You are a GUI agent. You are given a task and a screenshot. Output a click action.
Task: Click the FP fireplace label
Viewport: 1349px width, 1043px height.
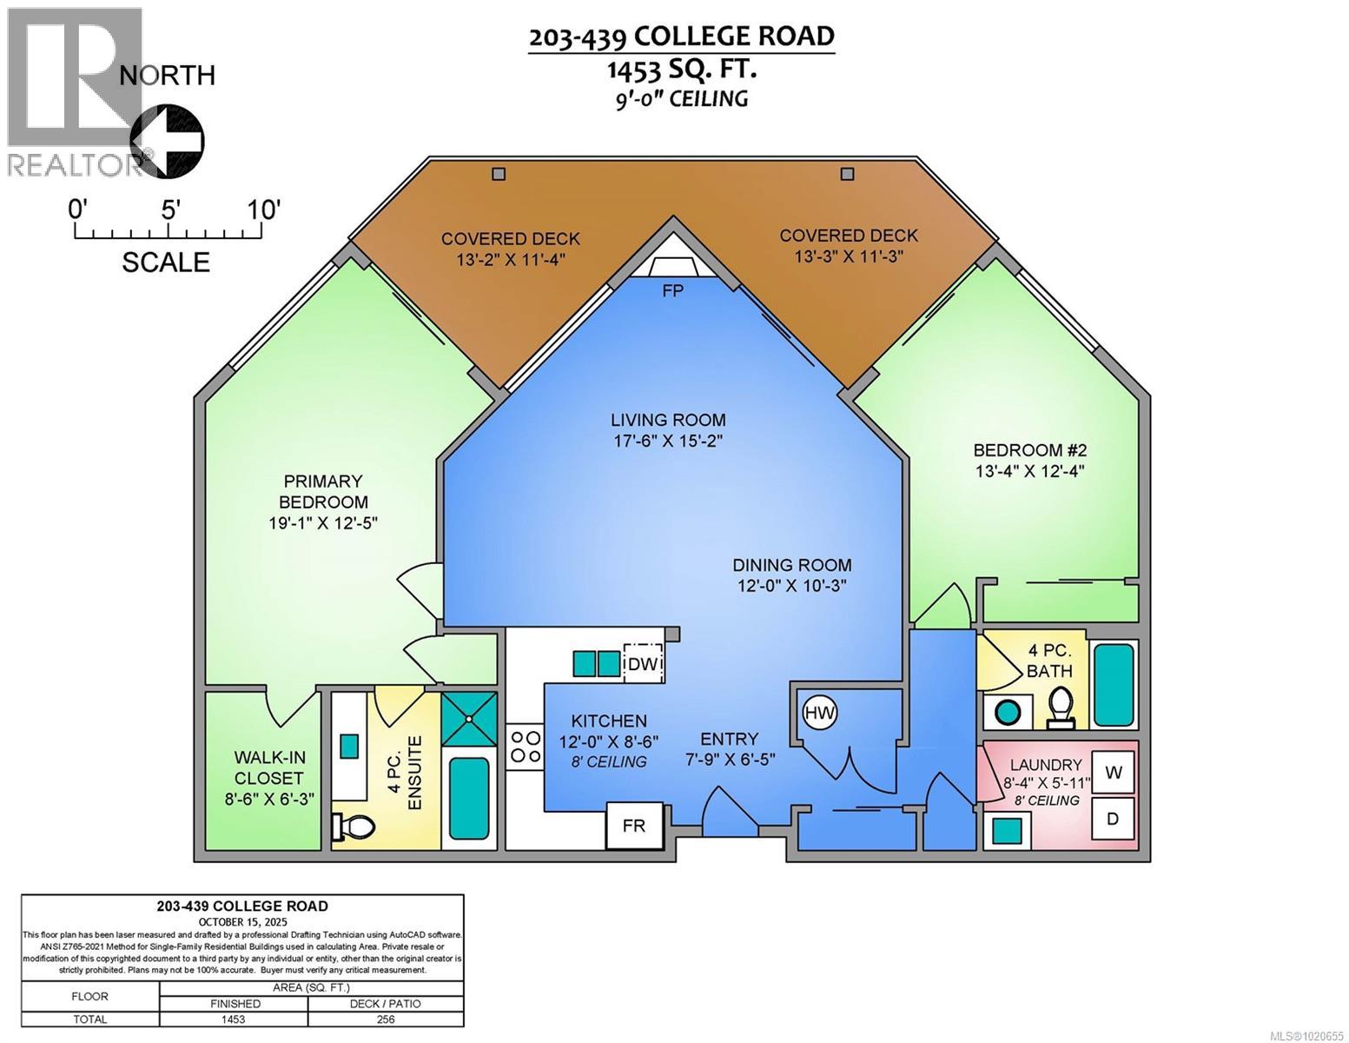pyautogui.click(x=672, y=291)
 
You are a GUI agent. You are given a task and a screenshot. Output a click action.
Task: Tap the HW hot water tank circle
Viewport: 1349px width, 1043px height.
pyautogui.click(x=820, y=714)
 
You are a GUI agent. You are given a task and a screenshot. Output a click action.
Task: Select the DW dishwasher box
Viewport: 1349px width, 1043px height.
pyautogui.click(x=644, y=665)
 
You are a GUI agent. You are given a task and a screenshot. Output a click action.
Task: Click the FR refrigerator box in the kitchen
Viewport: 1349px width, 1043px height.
pyautogui.click(x=634, y=825)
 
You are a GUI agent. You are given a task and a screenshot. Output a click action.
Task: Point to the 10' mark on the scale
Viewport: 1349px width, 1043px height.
pyautogui.click(x=261, y=211)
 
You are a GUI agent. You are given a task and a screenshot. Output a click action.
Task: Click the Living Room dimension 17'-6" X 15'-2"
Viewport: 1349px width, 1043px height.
pyautogui.click(x=667, y=441)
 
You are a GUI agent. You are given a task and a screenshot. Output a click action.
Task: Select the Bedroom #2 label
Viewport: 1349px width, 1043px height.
pyautogui.click(x=1029, y=450)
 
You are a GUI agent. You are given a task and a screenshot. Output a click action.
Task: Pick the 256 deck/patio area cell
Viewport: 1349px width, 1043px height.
pyautogui.click(x=386, y=1020)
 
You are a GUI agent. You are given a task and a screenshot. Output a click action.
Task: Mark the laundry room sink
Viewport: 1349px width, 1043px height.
pyautogui.click(x=1007, y=830)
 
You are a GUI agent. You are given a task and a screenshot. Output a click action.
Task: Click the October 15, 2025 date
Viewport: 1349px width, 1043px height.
pyautogui.click(x=242, y=921)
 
